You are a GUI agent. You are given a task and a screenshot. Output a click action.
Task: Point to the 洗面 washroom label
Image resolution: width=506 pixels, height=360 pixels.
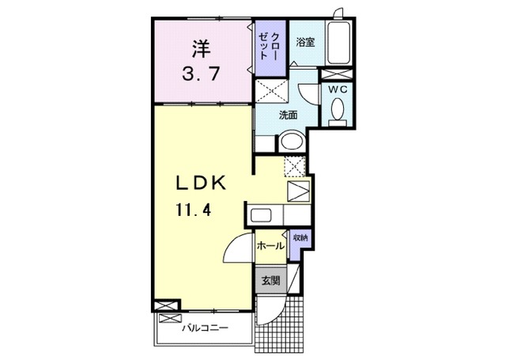tap(288, 116)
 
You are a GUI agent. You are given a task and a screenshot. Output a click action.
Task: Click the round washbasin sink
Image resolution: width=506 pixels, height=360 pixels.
tap(290, 142)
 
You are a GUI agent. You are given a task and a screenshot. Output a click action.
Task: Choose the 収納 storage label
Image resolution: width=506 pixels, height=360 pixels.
tap(300, 237)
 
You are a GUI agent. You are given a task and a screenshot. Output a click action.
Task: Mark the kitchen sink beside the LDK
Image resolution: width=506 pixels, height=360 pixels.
tap(260, 214)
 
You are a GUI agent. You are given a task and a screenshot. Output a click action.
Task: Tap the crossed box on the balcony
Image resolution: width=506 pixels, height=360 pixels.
tap(168, 318)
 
